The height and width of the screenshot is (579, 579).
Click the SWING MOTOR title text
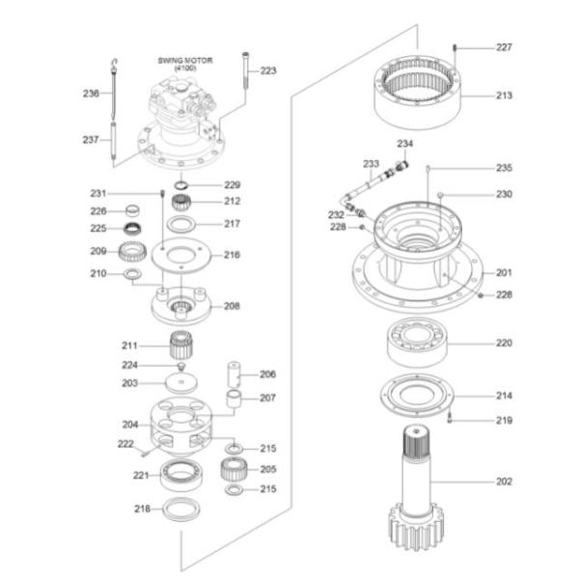pyautogui.click(x=185, y=60)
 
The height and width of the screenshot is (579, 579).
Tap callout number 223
pyautogui.click(x=268, y=70)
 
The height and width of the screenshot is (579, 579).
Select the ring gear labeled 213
pyautogui.click(x=418, y=93)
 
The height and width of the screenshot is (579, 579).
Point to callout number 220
pyautogui.click(x=504, y=343)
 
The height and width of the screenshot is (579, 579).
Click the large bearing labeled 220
pyautogui.click(x=417, y=343)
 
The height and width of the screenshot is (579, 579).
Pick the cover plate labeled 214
pyautogui.click(x=417, y=395)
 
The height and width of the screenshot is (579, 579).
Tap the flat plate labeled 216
pyautogui.click(x=181, y=255)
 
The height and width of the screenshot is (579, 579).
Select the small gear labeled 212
pyautogui.click(x=181, y=203)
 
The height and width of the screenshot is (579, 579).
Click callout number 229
pyautogui.click(x=233, y=185)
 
